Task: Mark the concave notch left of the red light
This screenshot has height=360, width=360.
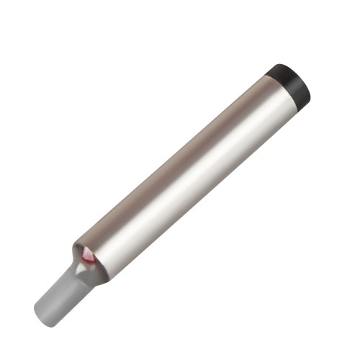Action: pyautogui.click(x=75, y=252)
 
